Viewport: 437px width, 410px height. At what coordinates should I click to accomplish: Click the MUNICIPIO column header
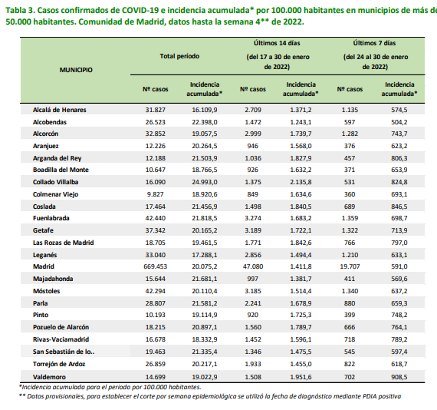(76, 70)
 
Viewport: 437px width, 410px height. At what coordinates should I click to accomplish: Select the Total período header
(179, 56)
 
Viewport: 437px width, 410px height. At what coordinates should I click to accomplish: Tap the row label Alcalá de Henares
(59, 110)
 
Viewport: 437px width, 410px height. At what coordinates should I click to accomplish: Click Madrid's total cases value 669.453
(155, 266)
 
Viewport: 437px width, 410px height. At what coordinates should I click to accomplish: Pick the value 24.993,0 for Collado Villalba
(205, 182)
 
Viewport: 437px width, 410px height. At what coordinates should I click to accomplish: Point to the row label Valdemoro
(49, 377)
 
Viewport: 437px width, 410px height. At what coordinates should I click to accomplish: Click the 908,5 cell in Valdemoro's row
(399, 377)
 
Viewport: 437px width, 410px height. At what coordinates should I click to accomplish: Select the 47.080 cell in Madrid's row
(253, 266)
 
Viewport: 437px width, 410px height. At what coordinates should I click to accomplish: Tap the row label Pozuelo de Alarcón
(61, 327)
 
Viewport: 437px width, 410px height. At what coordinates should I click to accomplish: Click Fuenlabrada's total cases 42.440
(155, 218)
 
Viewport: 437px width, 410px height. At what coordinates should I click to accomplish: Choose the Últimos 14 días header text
(277, 43)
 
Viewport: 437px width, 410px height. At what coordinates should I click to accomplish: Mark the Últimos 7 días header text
(374, 43)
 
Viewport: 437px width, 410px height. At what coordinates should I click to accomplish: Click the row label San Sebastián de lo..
(64, 352)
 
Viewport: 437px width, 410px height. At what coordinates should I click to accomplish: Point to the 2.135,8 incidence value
(301, 182)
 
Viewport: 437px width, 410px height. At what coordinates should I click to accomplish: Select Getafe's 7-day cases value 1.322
(350, 230)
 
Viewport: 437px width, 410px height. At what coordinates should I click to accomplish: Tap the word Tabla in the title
(15, 10)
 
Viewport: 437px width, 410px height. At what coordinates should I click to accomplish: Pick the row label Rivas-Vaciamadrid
(61, 339)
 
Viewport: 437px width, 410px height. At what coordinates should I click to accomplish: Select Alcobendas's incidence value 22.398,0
(205, 122)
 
